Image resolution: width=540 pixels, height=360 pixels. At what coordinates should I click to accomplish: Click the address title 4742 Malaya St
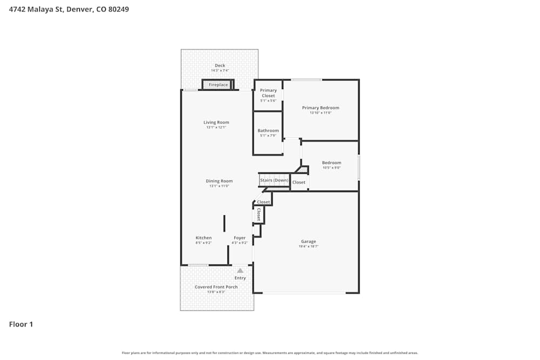point(69,9)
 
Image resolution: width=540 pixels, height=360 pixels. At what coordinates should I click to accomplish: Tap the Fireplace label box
point(218,85)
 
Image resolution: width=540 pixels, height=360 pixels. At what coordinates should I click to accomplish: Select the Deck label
point(220,66)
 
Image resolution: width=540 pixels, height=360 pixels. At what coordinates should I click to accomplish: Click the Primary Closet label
point(268,93)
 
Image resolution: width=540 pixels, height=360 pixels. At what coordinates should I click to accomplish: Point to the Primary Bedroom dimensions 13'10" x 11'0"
point(320,113)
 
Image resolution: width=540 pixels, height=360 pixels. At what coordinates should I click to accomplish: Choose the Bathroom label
point(268,131)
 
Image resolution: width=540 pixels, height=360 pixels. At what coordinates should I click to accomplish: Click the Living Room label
point(216,123)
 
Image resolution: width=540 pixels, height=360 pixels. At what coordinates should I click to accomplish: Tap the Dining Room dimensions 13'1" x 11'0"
point(219,186)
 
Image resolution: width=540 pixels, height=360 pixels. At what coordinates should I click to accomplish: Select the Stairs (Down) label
point(274,180)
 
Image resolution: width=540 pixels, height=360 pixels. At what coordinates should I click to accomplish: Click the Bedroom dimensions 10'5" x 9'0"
point(332,168)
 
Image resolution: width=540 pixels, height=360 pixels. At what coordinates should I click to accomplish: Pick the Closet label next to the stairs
point(299,182)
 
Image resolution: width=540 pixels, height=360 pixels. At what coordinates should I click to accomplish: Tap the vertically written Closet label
point(259,215)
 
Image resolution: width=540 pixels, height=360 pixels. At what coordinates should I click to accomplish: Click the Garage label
point(308,241)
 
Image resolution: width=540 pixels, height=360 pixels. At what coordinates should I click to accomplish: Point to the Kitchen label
point(204,238)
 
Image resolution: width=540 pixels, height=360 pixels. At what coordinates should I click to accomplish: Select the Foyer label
point(240,238)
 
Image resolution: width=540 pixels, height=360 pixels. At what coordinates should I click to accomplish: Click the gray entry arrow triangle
point(240,270)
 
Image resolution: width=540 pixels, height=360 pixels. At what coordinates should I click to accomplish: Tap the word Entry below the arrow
point(240,278)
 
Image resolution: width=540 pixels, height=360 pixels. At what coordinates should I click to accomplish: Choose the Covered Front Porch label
point(216,287)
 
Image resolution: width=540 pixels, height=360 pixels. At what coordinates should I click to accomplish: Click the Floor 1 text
point(21,324)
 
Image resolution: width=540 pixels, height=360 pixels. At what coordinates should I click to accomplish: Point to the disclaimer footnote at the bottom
point(270,353)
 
